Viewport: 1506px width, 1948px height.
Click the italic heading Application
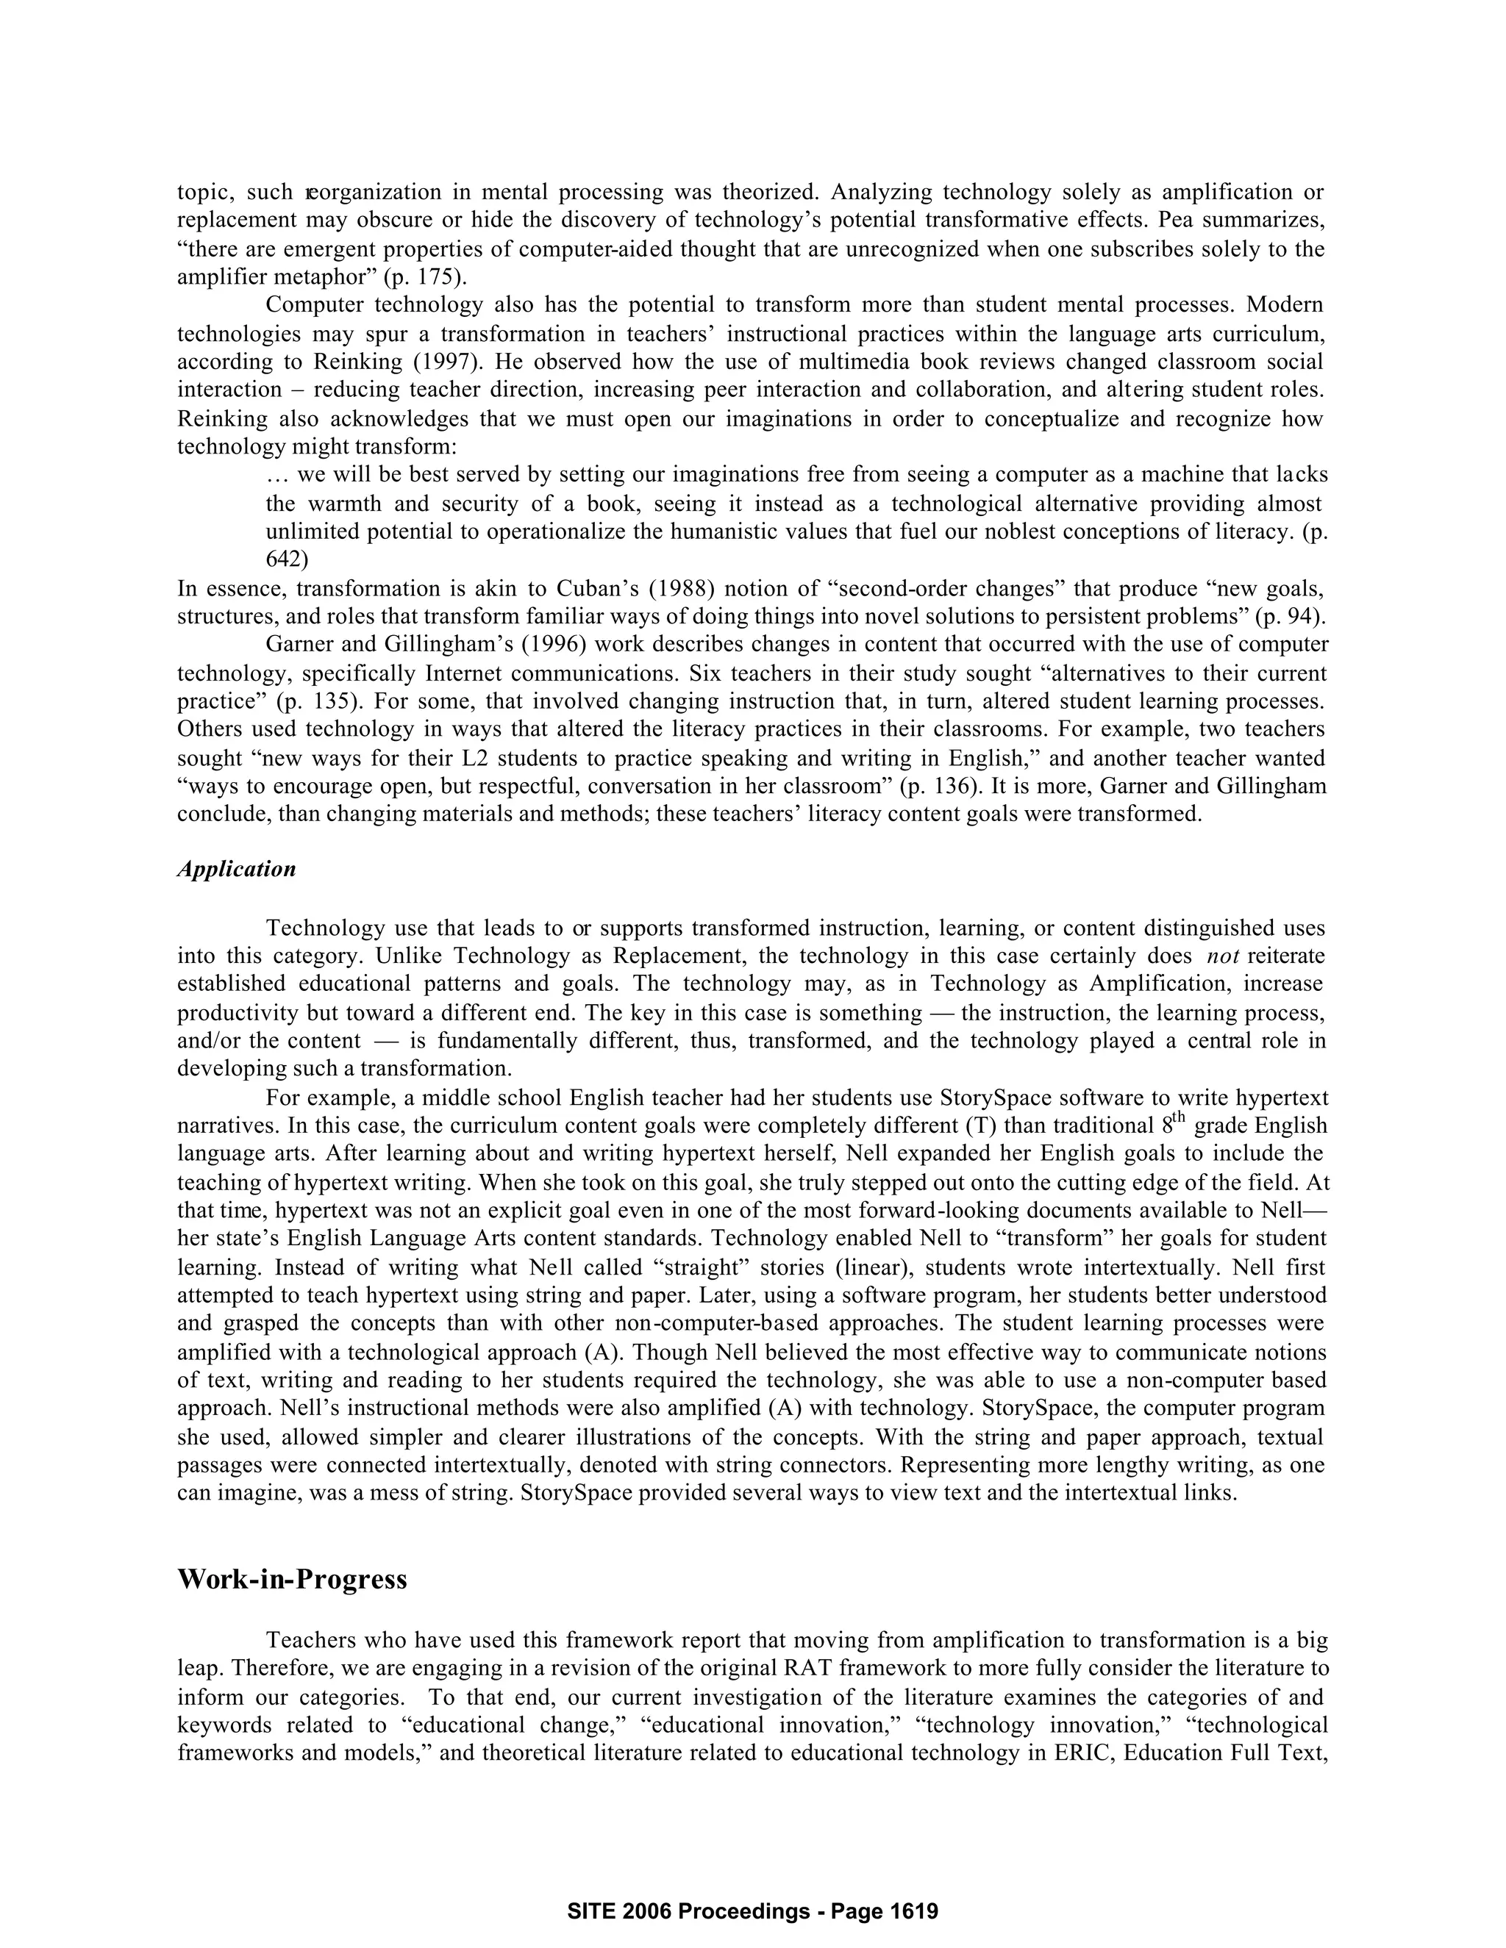tap(237, 870)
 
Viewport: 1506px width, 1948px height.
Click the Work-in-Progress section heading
tap(293, 1580)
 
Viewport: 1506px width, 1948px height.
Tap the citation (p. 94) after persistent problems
tap(1291, 616)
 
